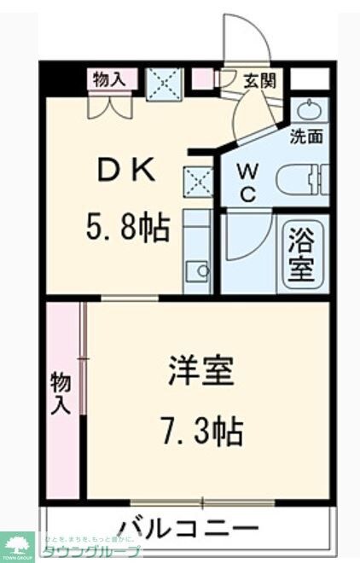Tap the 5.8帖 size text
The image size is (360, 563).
click(128, 228)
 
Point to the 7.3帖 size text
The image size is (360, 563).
click(202, 431)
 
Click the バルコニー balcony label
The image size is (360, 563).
click(189, 525)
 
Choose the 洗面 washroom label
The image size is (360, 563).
click(306, 135)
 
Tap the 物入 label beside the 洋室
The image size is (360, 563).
click(60, 393)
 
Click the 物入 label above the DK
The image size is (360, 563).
click(110, 80)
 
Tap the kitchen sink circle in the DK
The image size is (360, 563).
click(202, 271)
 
